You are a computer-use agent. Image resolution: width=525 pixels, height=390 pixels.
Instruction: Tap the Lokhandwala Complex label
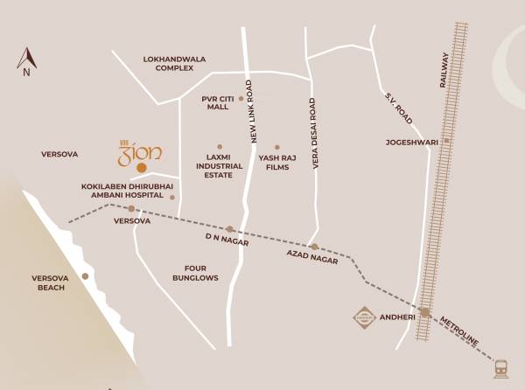(174, 64)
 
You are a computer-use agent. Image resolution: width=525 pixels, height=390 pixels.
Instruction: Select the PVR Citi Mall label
(217, 102)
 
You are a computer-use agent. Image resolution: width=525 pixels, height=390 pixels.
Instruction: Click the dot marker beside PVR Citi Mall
(241, 99)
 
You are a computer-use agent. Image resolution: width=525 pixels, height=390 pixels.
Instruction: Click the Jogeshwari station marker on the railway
(446, 141)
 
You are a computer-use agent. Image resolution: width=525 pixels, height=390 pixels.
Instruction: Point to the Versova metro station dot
(131, 208)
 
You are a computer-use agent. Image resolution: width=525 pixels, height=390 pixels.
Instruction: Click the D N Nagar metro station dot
(229, 229)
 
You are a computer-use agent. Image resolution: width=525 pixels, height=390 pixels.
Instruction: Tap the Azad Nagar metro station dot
(314, 247)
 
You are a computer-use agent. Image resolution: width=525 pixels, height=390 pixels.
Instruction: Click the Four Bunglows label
(195, 273)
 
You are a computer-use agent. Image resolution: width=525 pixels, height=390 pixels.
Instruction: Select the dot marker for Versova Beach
(85, 276)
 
